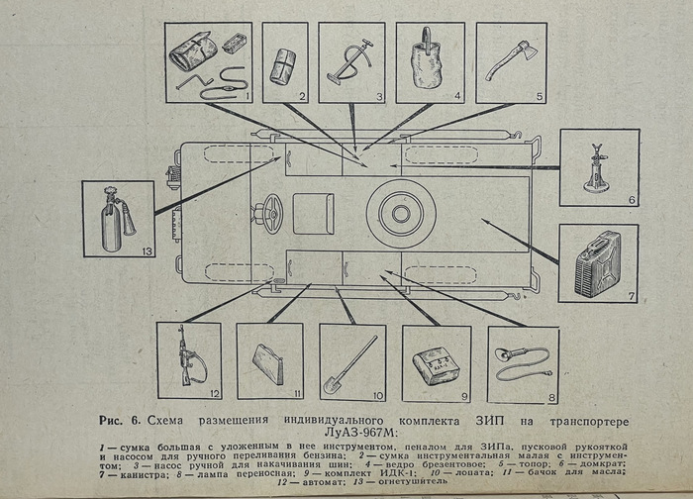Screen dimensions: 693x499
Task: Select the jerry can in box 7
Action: click(598, 264)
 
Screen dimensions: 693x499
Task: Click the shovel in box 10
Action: click(350, 365)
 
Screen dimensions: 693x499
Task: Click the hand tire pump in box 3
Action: click(350, 61)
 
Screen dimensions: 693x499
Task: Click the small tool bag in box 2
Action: click(283, 66)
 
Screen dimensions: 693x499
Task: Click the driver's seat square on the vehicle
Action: click(314, 214)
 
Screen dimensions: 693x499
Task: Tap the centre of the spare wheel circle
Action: click(401, 214)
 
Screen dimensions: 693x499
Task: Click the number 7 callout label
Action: click(632, 296)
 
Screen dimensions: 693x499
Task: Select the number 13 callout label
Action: click(147, 251)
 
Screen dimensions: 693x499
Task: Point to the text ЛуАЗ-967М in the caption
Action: click(361, 431)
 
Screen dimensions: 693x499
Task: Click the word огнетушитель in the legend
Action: click(413, 481)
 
